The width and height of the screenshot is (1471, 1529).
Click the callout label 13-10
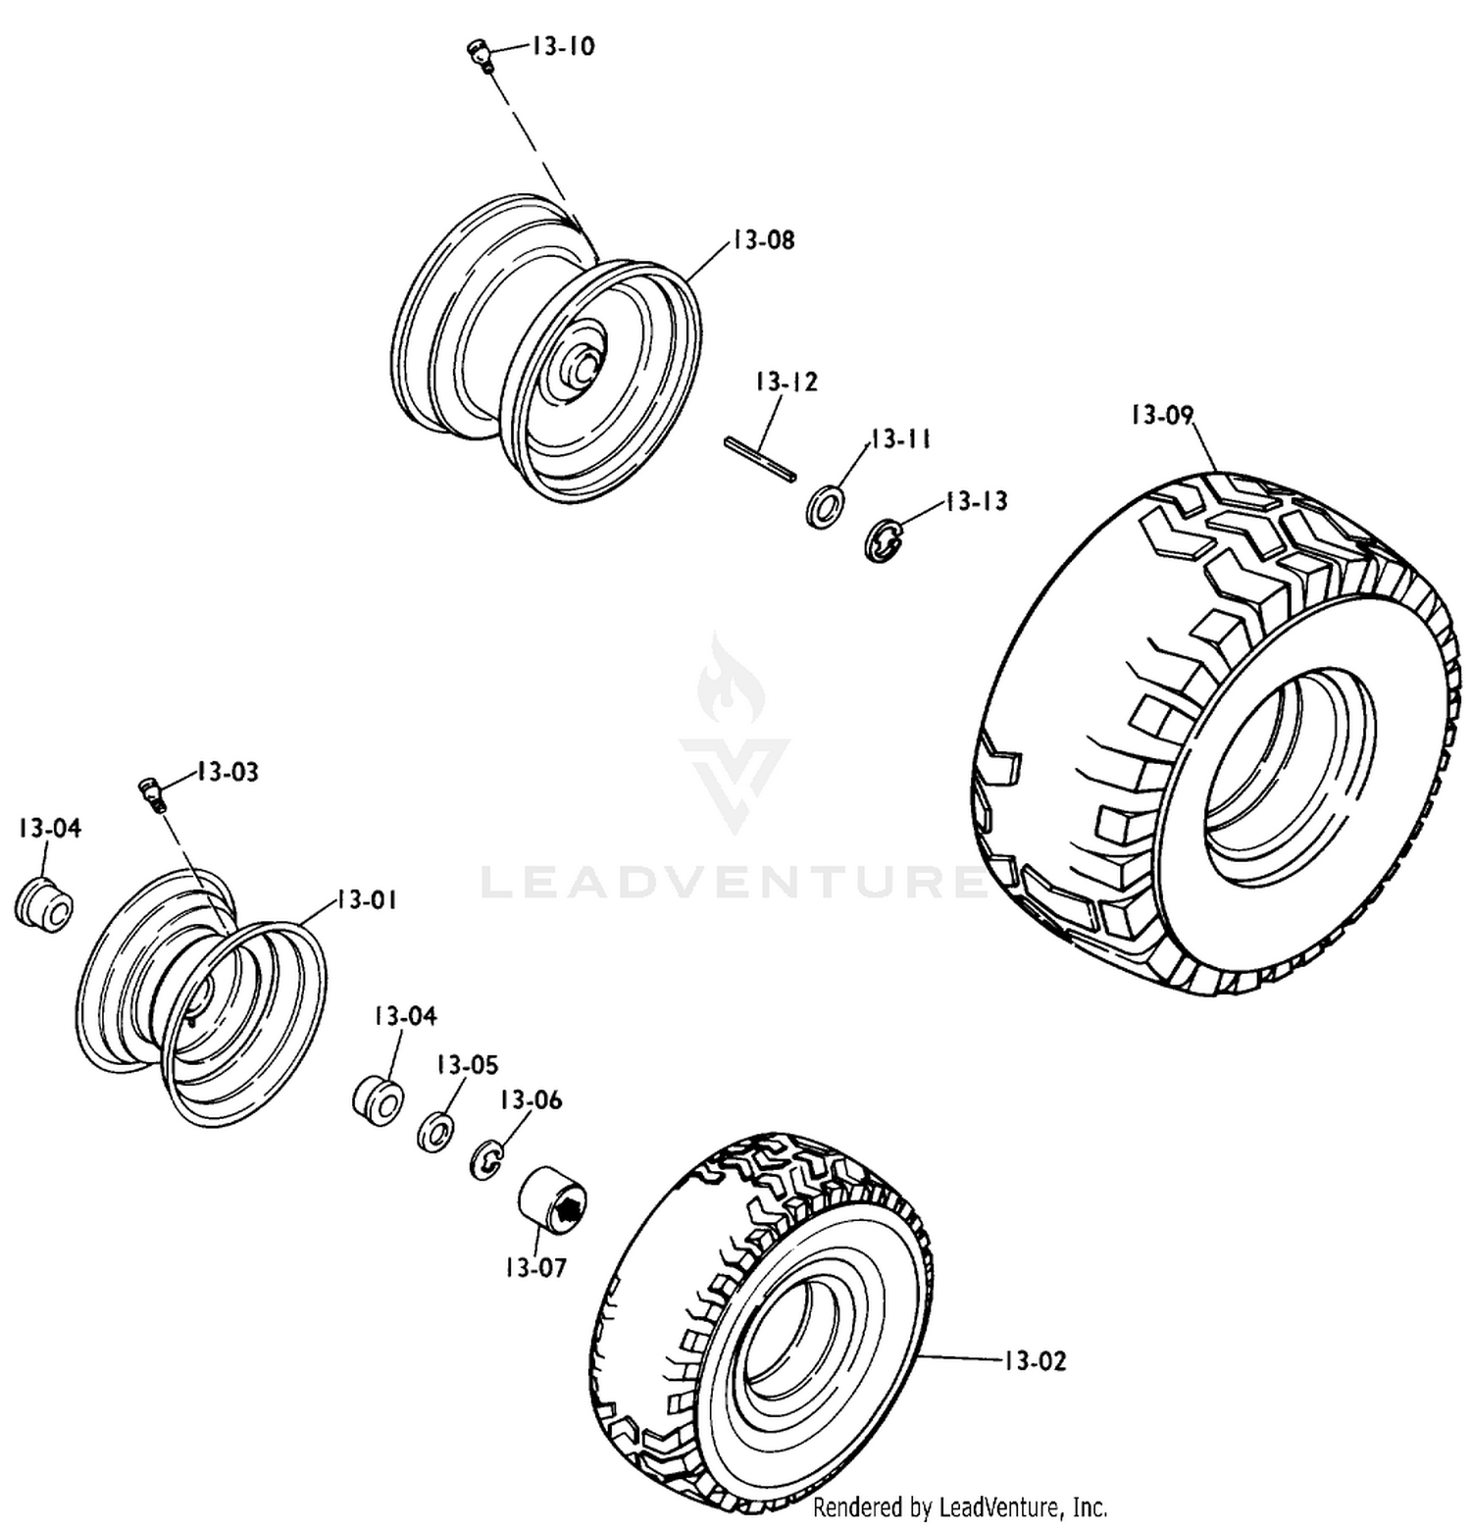click(x=563, y=46)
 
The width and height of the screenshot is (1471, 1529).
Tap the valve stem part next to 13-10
click(x=480, y=56)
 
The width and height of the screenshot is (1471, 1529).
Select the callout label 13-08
click(x=763, y=239)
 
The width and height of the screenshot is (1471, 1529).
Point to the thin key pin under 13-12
click(x=761, y=459)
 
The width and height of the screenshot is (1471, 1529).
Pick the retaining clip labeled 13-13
click(x=885, y=540)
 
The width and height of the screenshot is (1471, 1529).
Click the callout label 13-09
click(x=1162, y=415)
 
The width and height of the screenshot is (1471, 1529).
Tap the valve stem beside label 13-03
click(x=154, y=792)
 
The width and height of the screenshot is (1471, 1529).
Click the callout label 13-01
click(x=367, y=899)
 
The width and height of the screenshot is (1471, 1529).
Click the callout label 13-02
click(x=1035, y=1360)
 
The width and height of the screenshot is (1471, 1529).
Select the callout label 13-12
click(x=786, y=382)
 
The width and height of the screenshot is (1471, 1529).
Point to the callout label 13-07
click(x=535, y=1267)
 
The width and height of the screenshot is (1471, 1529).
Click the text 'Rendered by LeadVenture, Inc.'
click(x=960, y=1506)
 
